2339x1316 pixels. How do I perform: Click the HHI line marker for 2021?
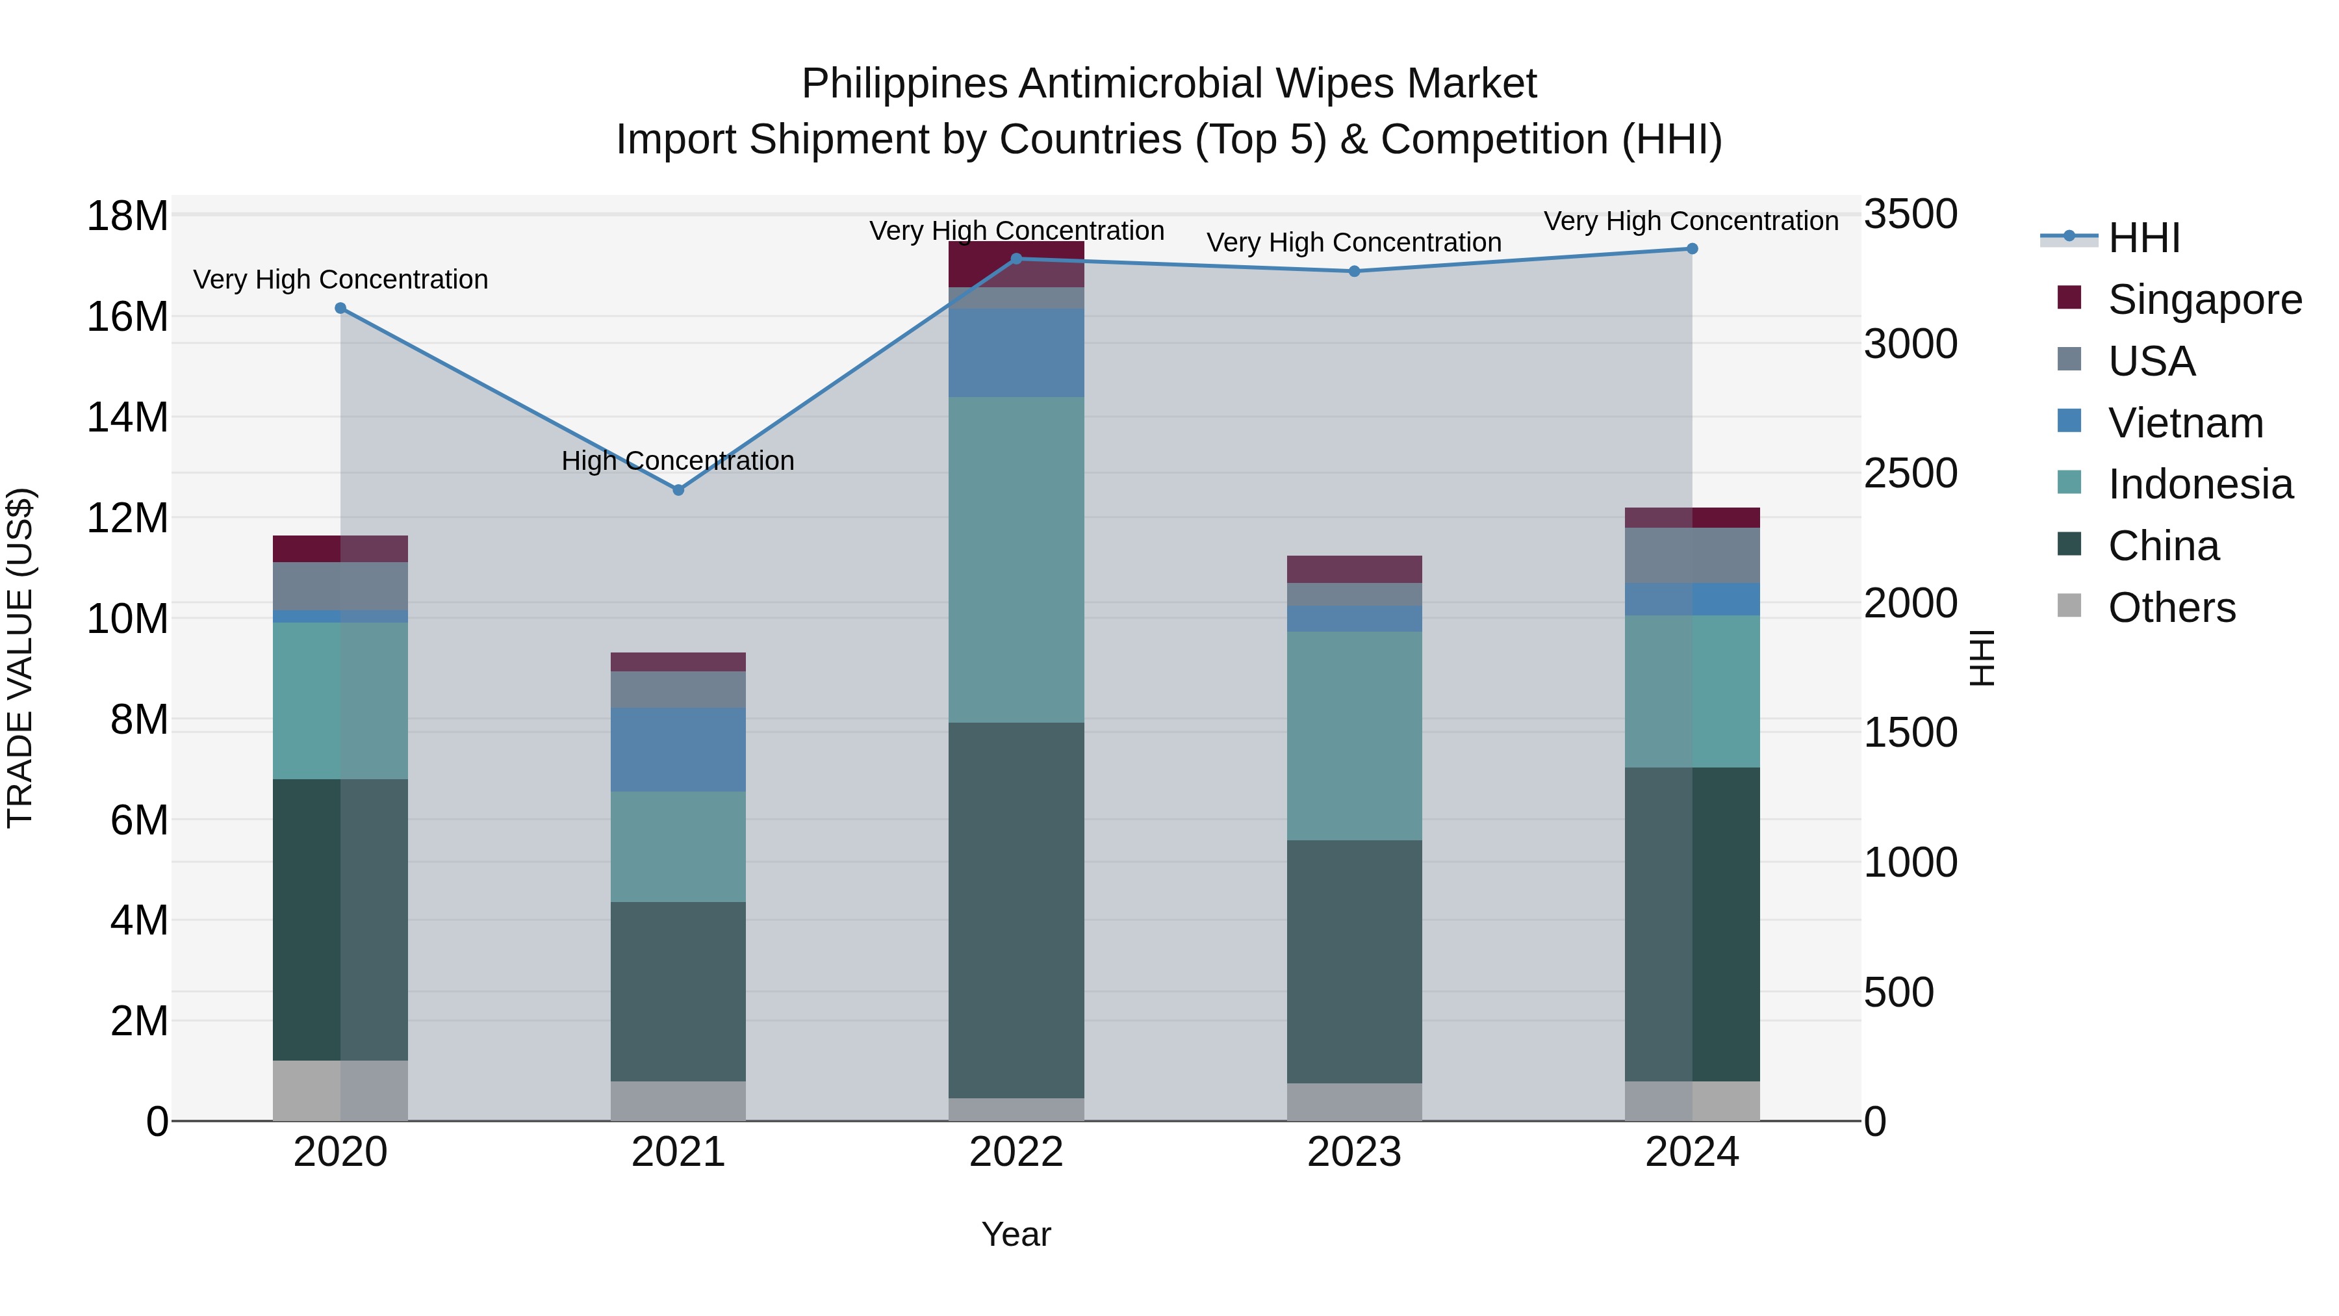pyautogui.click(x=678, y=489)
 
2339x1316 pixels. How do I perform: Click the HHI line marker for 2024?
pyautogui.click(x=1692, y=249)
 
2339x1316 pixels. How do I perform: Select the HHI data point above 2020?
pyautogui.click(x=340, y=308)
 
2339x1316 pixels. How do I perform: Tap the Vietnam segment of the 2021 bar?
pyautogui.click(x=678, y=749)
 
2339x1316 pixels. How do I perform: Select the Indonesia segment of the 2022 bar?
pyautogui.click(x=1016, y=560)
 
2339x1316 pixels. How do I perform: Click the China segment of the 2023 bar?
pyautogui.click(x=1354, y=961)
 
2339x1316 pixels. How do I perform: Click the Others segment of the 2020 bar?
pyautogui.click(x=340, y=1090)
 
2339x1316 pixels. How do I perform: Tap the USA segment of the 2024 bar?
pyautogui.click(x=1692, y=555)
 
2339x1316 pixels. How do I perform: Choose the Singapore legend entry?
pyautogui.click(x=2204, y=300)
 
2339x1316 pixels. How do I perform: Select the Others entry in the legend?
pyautogui.click(x=2171, y=608)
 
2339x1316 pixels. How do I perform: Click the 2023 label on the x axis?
pyautogui.click(x=1354, y=1152)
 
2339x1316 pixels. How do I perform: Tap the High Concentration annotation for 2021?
pyautogui.click(x=678, y=461)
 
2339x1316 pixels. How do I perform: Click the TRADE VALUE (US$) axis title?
pyautogui.click(x=20, y=658)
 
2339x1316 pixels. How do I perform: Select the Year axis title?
pyautogui.click(x=1016, y=1234)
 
